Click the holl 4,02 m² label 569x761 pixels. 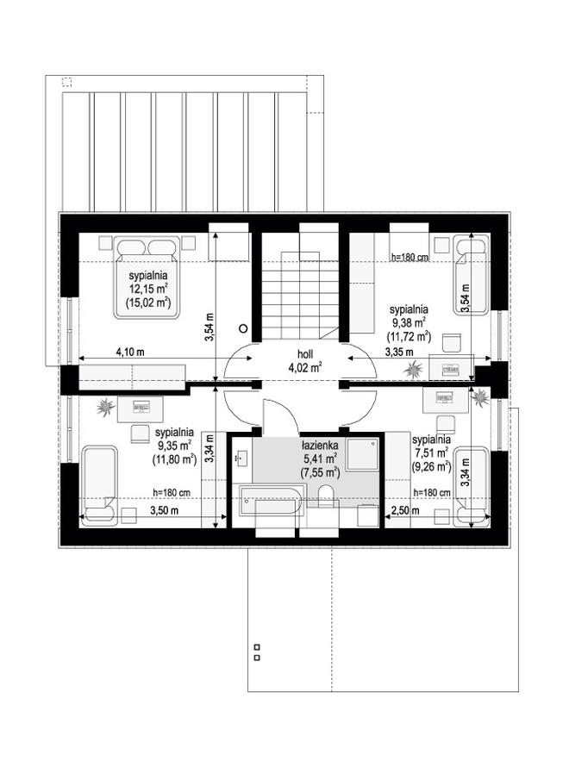305,360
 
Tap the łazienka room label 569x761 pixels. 320,445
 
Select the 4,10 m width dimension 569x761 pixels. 130,352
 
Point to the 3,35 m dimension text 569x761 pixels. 399,352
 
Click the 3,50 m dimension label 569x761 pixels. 164,510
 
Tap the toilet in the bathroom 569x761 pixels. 328,497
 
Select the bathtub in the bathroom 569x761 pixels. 271,502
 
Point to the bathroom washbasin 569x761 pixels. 241,457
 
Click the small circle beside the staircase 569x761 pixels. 244,328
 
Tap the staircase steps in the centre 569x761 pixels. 301,296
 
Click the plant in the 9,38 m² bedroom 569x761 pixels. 414,370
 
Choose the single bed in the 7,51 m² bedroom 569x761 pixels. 471,487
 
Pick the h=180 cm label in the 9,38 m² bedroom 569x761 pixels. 410,257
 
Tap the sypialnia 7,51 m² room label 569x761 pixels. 431,452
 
